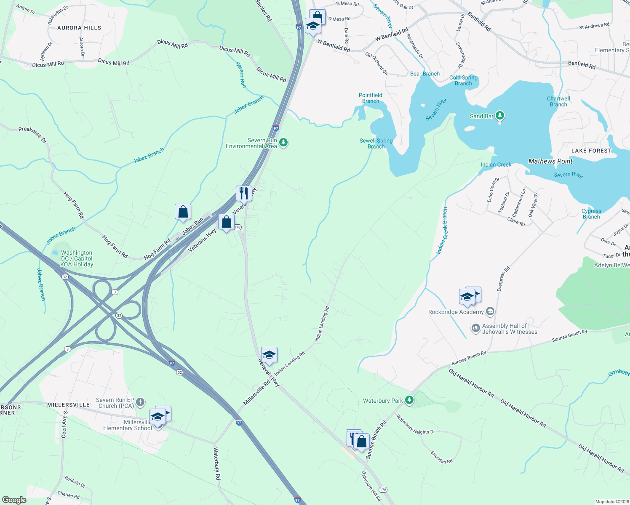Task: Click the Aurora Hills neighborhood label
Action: [x=79, y=28]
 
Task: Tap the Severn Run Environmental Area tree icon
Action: [x=284, y=143]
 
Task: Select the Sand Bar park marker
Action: [x=500, y=115]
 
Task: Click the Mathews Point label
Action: [x=550, y=161]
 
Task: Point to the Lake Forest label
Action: [x=591, y=151]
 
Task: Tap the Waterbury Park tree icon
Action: [x=409, y=400]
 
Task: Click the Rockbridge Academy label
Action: [x=456, y=312]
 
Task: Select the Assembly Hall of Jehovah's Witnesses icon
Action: [x=475, y=328]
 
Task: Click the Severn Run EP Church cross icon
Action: [x=140, y=402]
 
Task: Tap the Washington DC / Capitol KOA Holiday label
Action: [x=77, y=258]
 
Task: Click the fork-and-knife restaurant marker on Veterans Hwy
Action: [x=244, y=193]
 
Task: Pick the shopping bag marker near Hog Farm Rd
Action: [x=183, y=212]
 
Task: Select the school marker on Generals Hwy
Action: [x=269, y=355]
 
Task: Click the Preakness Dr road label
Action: [x=33, y=134]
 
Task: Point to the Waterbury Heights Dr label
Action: [x=415, y=425]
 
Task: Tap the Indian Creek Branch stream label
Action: [x=442, y=231]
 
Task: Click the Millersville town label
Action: [x=68, y=405]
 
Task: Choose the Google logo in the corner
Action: [x=14, y=500]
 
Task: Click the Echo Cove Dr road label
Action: [x=493, y=190]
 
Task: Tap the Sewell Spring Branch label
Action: [x=376, y=144]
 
